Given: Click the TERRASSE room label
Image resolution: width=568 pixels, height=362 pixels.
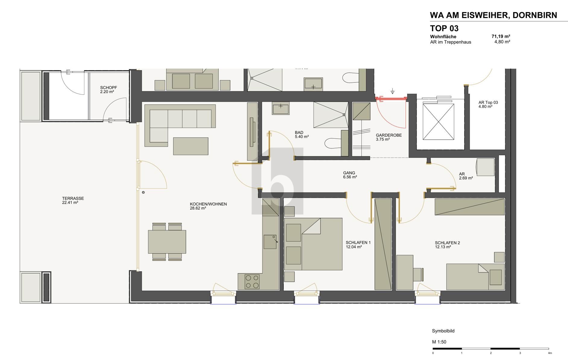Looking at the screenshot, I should click(x=73, y=200).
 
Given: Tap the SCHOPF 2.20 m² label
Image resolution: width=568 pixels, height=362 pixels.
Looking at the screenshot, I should click(x=108, y=90).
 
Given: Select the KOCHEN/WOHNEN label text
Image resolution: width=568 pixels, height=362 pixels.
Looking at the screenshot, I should click(x=208, y=204).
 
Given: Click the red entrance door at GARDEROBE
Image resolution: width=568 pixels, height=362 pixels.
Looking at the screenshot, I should click(x=391, y=98).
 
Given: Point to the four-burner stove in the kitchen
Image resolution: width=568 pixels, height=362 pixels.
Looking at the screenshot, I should click(x=252, y=281).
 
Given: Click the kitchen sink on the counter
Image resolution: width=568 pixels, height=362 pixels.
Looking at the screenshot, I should click(x=270, y=242).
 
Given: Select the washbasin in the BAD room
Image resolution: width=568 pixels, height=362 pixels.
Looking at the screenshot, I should click(x=281, y=108).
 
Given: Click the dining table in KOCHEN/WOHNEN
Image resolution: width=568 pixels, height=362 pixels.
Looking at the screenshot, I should click(x=167, y=242).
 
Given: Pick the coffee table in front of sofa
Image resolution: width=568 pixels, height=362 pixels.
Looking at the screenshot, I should click(x=190, y=146).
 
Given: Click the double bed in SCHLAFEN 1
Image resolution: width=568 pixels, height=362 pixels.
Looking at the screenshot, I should click(x=313, y=244).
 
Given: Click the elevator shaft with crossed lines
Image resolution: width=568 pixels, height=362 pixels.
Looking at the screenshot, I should click(x=438, y=122).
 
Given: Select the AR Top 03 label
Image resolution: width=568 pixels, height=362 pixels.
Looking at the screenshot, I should click(x=488, y=104).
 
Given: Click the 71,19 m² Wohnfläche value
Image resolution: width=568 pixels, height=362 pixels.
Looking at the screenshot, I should click(x=500, y=37).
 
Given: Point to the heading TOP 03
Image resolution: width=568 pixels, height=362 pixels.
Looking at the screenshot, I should click(x=444, y=28).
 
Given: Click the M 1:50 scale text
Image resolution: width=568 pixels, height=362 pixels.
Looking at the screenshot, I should click(x=439, y=342).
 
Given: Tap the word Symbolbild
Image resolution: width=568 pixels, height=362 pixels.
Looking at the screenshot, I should click(x=443, y=331).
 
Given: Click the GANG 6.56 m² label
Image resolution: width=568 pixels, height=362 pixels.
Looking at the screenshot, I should click(x=350, y=175).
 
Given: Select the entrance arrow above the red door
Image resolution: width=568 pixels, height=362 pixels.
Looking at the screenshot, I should click(x=392, y=91).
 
